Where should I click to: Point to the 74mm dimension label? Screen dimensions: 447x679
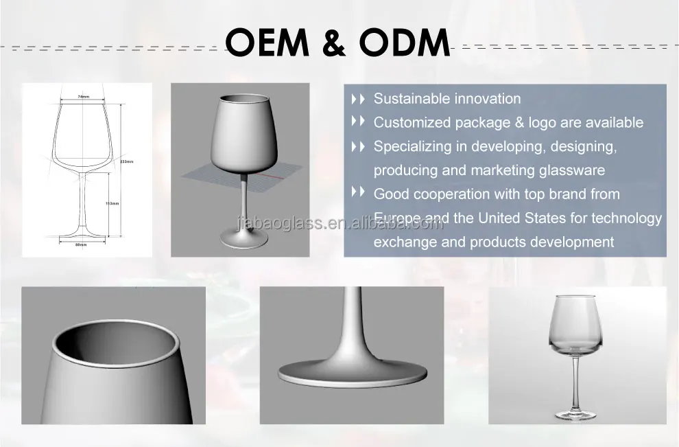[x=84, y=97]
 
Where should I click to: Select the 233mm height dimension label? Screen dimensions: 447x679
[x=126, y=161]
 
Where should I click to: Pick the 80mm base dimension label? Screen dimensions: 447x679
[x=82, y=244]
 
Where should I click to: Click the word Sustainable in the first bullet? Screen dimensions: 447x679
[x=409, y=99]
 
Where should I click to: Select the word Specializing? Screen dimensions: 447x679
[x=413, y=146]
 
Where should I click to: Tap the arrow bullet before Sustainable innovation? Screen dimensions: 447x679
[x=358, y=99]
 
